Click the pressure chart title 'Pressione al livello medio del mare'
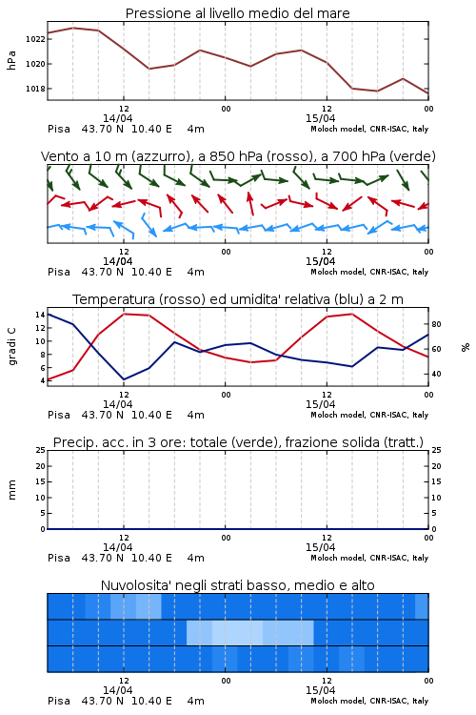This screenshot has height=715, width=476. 237,13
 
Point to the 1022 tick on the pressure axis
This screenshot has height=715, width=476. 35,39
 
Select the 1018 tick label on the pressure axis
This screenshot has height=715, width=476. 35,89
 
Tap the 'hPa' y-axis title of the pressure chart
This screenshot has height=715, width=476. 11,60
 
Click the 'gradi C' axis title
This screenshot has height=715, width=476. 11,346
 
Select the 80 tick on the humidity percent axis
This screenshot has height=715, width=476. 436,325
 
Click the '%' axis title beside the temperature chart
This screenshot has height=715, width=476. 466,347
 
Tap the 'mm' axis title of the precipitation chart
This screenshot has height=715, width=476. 11,490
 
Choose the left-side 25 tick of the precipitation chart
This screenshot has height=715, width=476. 40,450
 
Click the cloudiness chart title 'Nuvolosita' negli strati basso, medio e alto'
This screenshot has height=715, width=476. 237,585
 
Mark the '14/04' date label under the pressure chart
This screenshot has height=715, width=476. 117,118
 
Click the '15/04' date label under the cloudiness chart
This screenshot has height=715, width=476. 320,690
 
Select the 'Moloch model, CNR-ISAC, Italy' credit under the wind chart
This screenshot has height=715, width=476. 369,273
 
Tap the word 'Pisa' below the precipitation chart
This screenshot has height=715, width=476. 59,558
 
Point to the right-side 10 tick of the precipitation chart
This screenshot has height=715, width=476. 436,498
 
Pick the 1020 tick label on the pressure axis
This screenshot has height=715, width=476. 35,64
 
